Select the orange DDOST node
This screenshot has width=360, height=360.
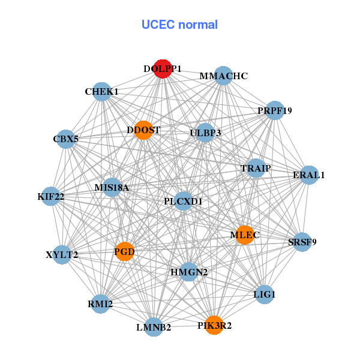[x=143, y=130]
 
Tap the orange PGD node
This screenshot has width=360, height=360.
[x=124, y=251]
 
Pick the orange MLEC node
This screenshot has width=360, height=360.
[x=242, y=235]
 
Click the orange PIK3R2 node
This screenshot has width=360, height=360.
[x=214, y=325]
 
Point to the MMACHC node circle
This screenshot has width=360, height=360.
[x=223, y=76]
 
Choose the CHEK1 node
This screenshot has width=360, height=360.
[x=102, y=92]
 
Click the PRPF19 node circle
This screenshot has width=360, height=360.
[x=274, y=110]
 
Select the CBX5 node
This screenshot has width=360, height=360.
[x=66, y=139]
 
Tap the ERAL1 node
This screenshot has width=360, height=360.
[x=308, y=175]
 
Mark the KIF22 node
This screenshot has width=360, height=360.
[x=50, y=196]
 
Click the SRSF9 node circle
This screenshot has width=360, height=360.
[x=302, y=242]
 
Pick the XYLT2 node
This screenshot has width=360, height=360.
[x=62, y=254]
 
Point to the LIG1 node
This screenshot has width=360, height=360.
[x=265, y=295]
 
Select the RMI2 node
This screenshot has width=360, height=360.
[x=100, y=304]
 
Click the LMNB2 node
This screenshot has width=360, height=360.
[x=154, y=327]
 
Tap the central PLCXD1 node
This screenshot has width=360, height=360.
[x=183, y=202]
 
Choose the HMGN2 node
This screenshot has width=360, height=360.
[x=189, y=272]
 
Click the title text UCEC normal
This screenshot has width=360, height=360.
[x=179, y=25]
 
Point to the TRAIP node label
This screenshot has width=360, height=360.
[x=256, y=168]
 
